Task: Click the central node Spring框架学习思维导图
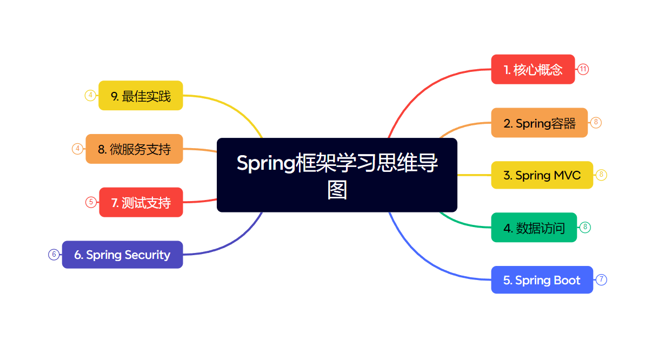click(x=337, y=175)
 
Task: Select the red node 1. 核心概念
click(x=533, y=69)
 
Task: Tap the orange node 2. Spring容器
click(x=539, y=123)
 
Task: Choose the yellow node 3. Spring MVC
click(x=542, y=175)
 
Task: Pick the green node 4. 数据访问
click(x=534, y=228)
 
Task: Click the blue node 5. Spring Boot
click(x=542, y=280)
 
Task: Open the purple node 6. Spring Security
click(x=122, y=255)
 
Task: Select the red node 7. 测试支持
click(x=141, y=202)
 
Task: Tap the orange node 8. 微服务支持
click(x=134, y=149)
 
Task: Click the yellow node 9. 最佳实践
click(x=141, y=96)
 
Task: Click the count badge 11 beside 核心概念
click(x=583, y=69)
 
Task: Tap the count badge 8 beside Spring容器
click(x=596, y=123)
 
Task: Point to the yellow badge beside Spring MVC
click(x=601, y=175)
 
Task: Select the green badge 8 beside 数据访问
click(x=585, y=228)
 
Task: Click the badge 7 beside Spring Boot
click(x=601, y=280)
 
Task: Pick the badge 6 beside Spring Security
click(x=54, y=255)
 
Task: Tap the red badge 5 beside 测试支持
click(x=91, y=202)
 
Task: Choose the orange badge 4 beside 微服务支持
click(x=78, y=149)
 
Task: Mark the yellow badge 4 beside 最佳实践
click(x=90, y=96)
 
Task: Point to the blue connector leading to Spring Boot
click(x=427, y=265)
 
